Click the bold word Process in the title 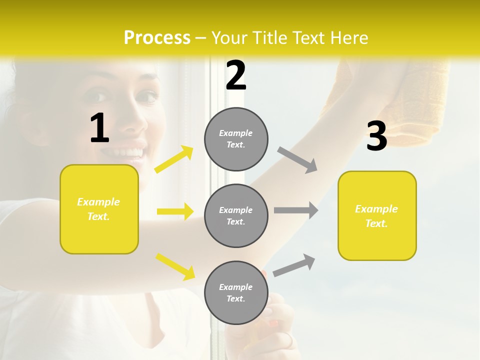tap(157, 37)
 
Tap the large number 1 tap(99, 128)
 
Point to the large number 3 tap(376, 136)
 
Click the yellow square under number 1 tap(99, 209)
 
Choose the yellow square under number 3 tap(377, 215)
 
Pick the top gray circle tap(236, 139)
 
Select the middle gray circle tap(236, 215)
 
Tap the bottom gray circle tap(236, 292)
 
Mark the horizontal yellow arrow tap(175, 211)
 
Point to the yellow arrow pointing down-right tap(175, 266)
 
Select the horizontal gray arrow tap(296, 210)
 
